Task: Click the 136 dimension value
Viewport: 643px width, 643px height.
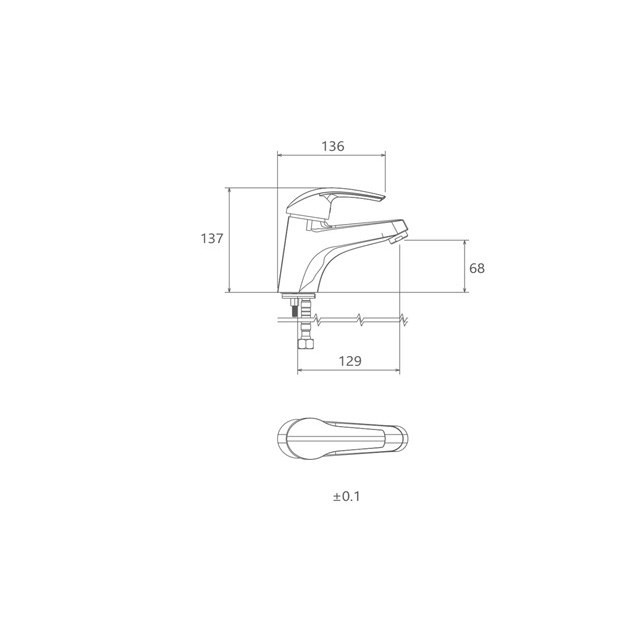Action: point(333,146)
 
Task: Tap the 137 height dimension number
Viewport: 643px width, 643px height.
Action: point(212,238)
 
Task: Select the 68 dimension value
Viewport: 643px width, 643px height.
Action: point(477,268)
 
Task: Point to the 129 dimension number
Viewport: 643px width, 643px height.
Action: point(350,361)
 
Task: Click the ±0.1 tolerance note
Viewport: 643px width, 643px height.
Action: point(347,497)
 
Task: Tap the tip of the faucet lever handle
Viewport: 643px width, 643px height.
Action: point(385,198)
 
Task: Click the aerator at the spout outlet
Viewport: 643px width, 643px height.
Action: point(398,238)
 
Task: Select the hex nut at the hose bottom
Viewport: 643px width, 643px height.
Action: point(305,342)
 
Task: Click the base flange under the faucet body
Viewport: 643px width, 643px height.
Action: point(299,296)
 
